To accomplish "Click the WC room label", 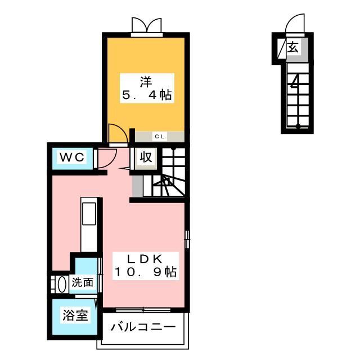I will [x=73, y=157].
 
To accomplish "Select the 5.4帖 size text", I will [x=147, y=95].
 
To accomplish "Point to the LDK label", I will [x=144, y=259].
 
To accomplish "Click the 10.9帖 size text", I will [x=145, y=273].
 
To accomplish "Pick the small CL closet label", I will [x=159, y=136].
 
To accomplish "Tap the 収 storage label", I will [x=146, y=157].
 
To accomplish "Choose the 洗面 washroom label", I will [x=82, y=282].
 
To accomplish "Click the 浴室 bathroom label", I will [x=74, y=316].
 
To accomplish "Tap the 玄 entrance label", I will [x=293, y=48].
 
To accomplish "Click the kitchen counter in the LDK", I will [x=89, y=224].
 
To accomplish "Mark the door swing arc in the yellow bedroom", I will [x=117, y=134].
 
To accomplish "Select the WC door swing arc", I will [x=106, y=159].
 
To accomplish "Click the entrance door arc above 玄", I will [x=295, y=25].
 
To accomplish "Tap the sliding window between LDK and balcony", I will [x=143, y=309].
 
